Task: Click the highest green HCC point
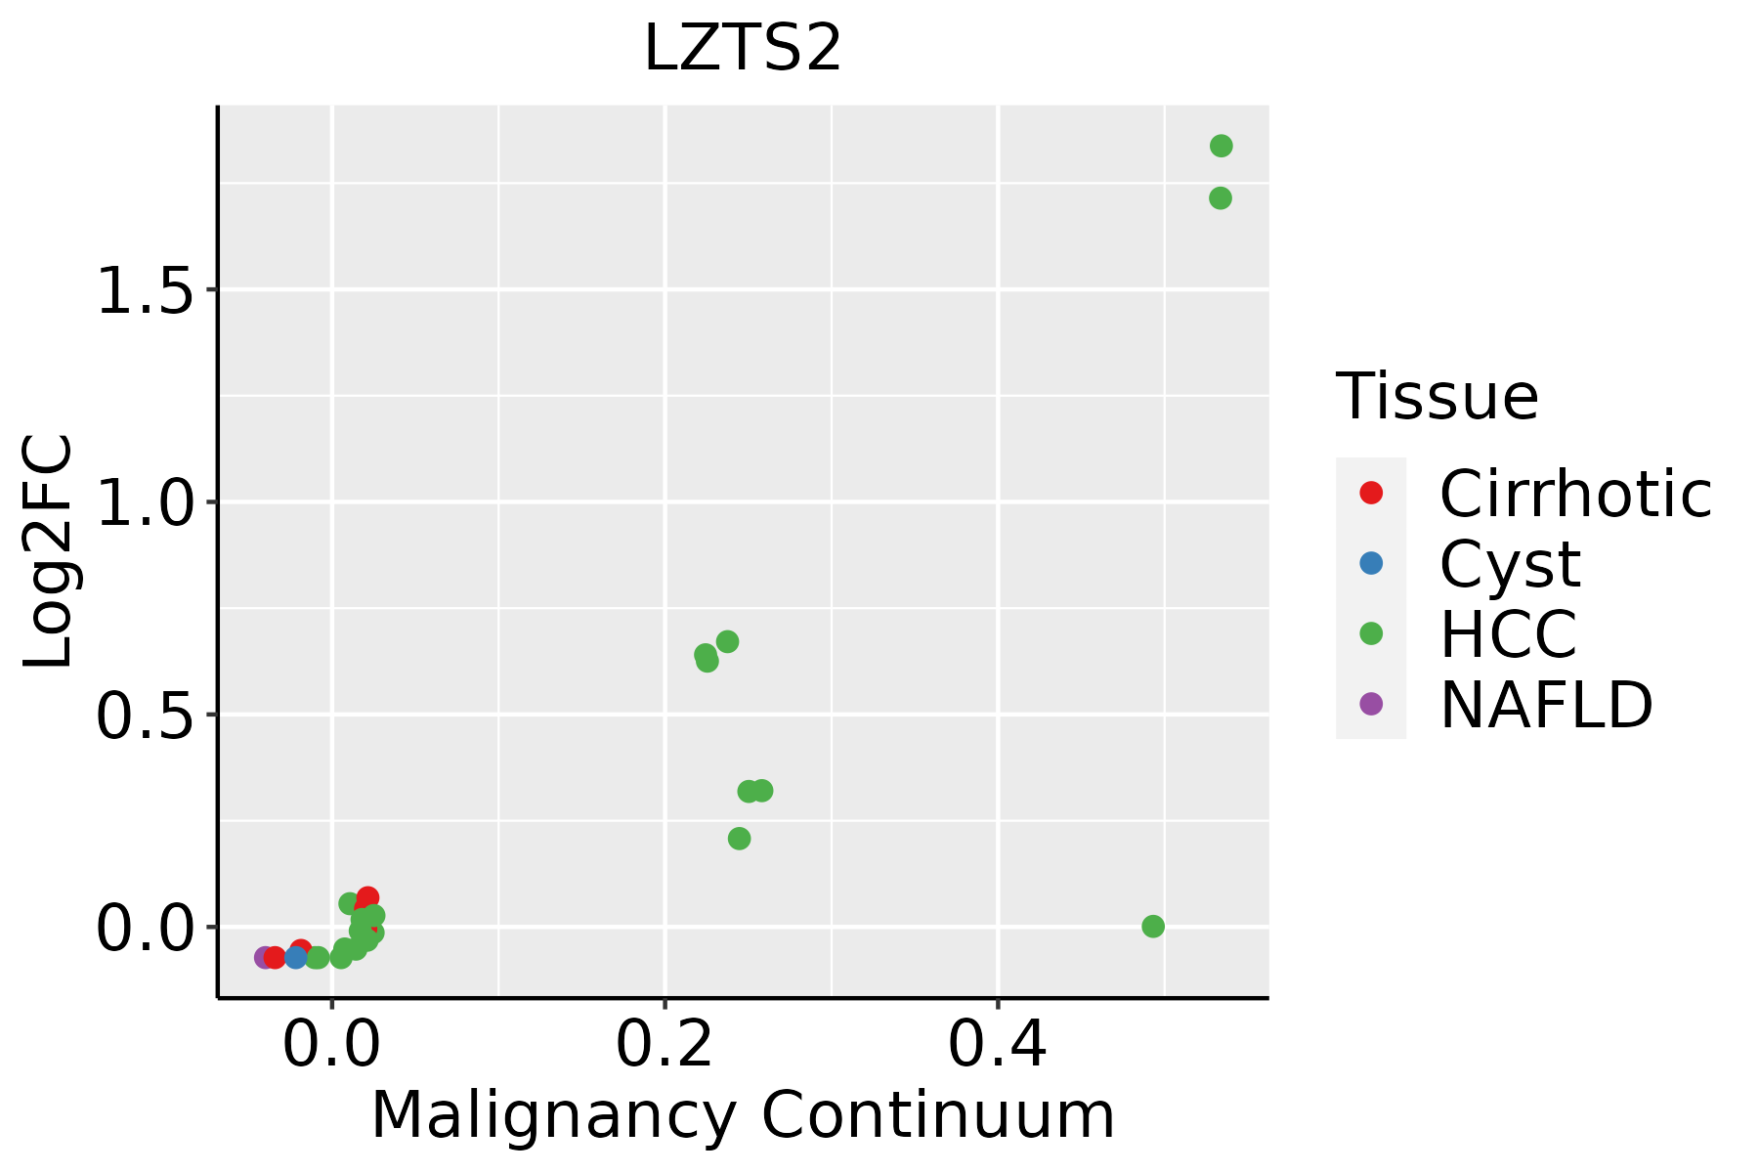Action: pyautogui.click(x=1221, y=147)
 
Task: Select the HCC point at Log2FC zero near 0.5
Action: pyautogui.click(x=1153, y=926)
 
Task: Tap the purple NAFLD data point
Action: pyautogui.click(x=264, y=957)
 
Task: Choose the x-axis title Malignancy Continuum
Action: pyautogui.click(x=743, y=1115)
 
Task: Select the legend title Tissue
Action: pyautogui.click(x=1437, y=396)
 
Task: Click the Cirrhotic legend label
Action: pyautogui.click(x=1575, y=494)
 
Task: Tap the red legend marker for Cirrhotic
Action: pyautogui.click(x=1371, y=493)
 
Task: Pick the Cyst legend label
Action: pyautogui.click(x=1510, y=564)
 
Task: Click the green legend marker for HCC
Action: pyautogui.click(x=1371, y=633)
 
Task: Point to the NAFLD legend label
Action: pyautogui.click(x=1546, y=704)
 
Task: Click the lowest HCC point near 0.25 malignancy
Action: pyautogui.click(x=739, y=839)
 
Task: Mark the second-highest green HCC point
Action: pyautogui.click(x=1220, y=198)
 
